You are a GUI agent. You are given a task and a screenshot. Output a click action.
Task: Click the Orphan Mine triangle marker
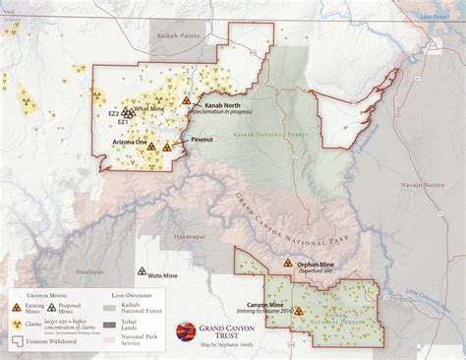286,265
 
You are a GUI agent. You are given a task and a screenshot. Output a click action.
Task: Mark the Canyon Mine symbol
298,310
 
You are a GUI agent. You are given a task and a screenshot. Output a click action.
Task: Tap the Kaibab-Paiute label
178,35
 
